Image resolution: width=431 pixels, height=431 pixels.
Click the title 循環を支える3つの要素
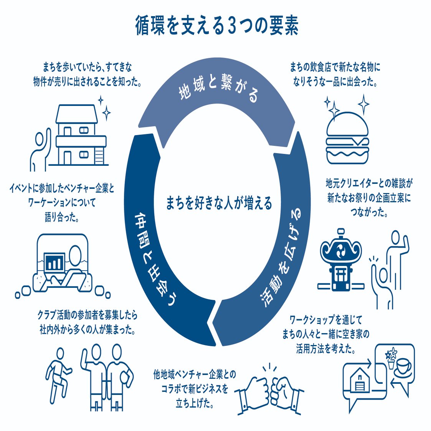tap(217, 26)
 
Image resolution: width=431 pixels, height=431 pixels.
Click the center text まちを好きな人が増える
tap(219, 203)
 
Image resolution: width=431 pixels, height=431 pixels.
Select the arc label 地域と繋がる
tap(218, 88)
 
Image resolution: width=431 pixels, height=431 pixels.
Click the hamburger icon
tap(347, 138)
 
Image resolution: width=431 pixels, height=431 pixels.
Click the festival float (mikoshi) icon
tap(341, 260)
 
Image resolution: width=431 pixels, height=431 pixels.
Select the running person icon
tap(58, 375)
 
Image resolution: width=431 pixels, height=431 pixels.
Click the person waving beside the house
tap(40, 150)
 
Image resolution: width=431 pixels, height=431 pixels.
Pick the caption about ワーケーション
tap(62, 203)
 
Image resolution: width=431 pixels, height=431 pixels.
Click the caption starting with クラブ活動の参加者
tap(88, 322)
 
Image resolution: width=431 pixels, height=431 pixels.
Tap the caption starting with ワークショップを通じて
tap(326, 334)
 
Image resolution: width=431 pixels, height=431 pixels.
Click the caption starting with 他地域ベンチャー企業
tap(195, 389)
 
